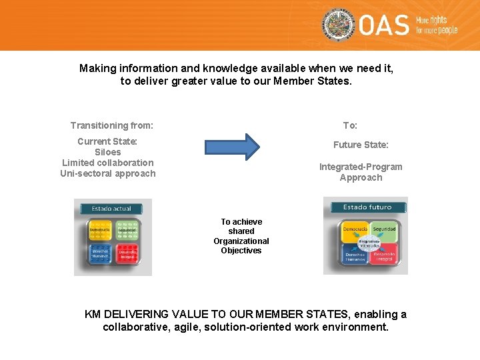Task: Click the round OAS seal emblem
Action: click(x=339, y=25)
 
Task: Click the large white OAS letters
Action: click(x=384, y=26)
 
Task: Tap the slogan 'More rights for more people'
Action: click(x=437, y=26)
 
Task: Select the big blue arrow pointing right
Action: click(x=232, y=147)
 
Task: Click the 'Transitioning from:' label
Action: click(x=112, y=125)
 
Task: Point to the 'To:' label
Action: click(x=350, y=125)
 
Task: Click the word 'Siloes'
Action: click(x=107, y=152)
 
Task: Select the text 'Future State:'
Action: click(x=361, y=145)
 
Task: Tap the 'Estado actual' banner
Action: click(x=112, y=209)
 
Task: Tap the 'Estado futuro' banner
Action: click(x=366, y=207)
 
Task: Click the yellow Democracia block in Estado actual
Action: click(x=100, y=230)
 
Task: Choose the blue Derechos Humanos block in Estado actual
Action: click(x=100, y=254)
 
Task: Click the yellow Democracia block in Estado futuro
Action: click(x=354, y=230)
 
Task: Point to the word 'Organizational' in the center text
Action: click(x=241, y=241)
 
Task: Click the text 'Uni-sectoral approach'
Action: click(x=107, y=173)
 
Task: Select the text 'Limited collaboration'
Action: click(x=107, y=163)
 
